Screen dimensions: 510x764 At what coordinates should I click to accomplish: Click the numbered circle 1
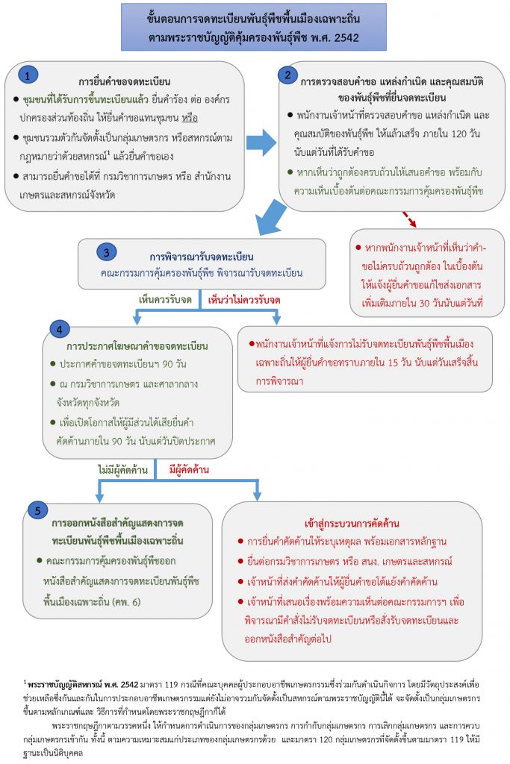click(x=28, y=75)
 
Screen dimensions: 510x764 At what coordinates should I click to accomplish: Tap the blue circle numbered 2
click(x=287, y=75)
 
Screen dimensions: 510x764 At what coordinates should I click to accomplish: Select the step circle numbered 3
click(x=106, y=252)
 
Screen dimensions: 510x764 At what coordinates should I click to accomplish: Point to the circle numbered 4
click(x=60, y=329)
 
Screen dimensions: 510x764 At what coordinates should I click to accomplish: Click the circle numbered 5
click(x=37, y=510)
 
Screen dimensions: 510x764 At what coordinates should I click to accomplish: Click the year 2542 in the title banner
click(x=346, y=38)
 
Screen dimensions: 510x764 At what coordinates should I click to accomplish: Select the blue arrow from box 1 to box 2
click(x=261, y=143)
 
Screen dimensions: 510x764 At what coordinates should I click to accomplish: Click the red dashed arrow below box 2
click(x=409, y=219)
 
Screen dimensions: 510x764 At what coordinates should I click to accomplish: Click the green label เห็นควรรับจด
click(x=165, y=300)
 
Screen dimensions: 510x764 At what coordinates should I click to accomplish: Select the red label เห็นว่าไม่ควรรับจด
click(x=244, y=300)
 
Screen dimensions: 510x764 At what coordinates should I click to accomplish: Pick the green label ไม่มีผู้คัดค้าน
click(x=123, y=470)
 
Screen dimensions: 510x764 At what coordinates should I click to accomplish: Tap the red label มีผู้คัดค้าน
click(x=189, y=470)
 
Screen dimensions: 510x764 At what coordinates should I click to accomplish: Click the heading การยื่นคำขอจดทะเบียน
click(x=125, y=81)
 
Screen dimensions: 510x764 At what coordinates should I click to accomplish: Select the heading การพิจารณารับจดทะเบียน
click(x=202, y=257)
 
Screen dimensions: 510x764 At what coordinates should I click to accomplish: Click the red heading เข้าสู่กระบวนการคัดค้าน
click(x=352, y=524)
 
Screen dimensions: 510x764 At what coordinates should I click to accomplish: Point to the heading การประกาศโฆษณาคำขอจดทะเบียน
click(x=137, y=346)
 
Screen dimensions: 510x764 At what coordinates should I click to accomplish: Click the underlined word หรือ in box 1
click(x=190, y=118)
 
